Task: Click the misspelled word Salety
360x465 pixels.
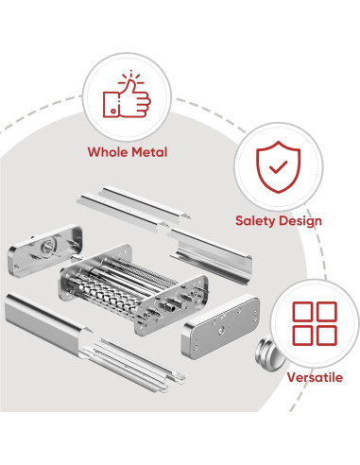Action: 255,221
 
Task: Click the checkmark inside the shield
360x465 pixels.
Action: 277,168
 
